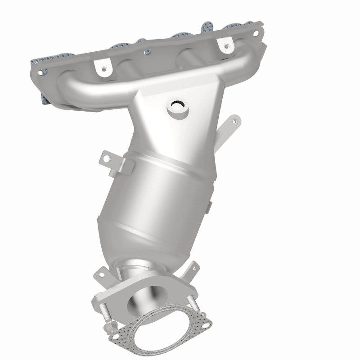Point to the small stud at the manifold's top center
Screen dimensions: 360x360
click(x=147, y=53)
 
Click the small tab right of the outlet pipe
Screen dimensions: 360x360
click(x=194, y=268)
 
